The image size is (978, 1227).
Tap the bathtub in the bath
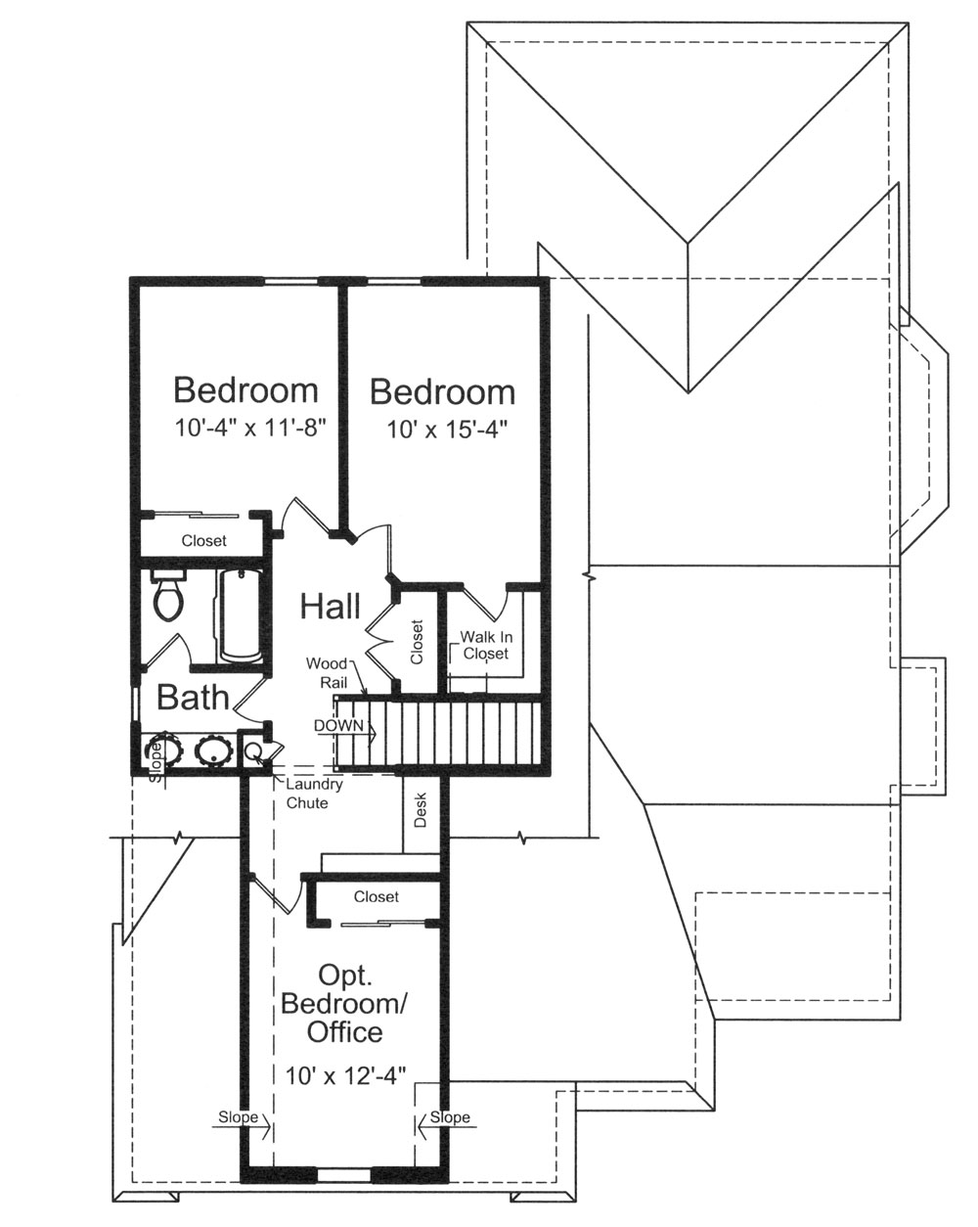(240, 614)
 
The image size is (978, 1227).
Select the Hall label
(330, 606)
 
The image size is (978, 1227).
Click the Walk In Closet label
(485, 645)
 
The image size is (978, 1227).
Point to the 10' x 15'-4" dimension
(442, 428)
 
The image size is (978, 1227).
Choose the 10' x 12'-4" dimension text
(345, 1075)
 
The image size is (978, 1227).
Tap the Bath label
(193, 698)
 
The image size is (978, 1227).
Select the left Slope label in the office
(238, 1117)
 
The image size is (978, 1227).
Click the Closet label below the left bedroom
(203, 540)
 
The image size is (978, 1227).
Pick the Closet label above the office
(377, 896)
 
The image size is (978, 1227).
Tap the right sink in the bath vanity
(212, 751)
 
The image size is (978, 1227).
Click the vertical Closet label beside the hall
(418, 643)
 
